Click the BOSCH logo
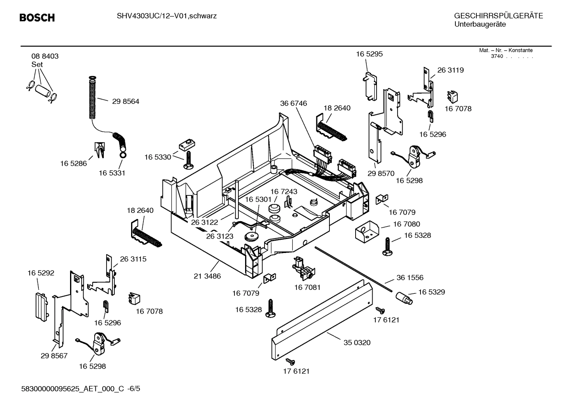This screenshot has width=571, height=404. tap(37, 17)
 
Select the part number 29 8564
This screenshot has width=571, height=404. tap(126, 101)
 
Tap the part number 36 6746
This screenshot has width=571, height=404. tap(293, 103)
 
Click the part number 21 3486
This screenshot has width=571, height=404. tap(207, 276)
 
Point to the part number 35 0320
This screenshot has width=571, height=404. tap(357, 343)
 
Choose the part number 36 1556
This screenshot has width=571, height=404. tap(410, 278)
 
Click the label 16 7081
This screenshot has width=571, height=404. tap(307, 287)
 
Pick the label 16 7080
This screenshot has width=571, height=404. tap(407, 224)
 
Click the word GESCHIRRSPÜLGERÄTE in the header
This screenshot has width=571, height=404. tap(498, 16)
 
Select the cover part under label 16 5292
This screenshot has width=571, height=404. tap(40, 305)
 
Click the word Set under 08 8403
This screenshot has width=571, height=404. tap(37, 64)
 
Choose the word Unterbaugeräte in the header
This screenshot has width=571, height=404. tap(480, 25)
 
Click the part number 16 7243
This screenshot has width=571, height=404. tap(284, 191)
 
